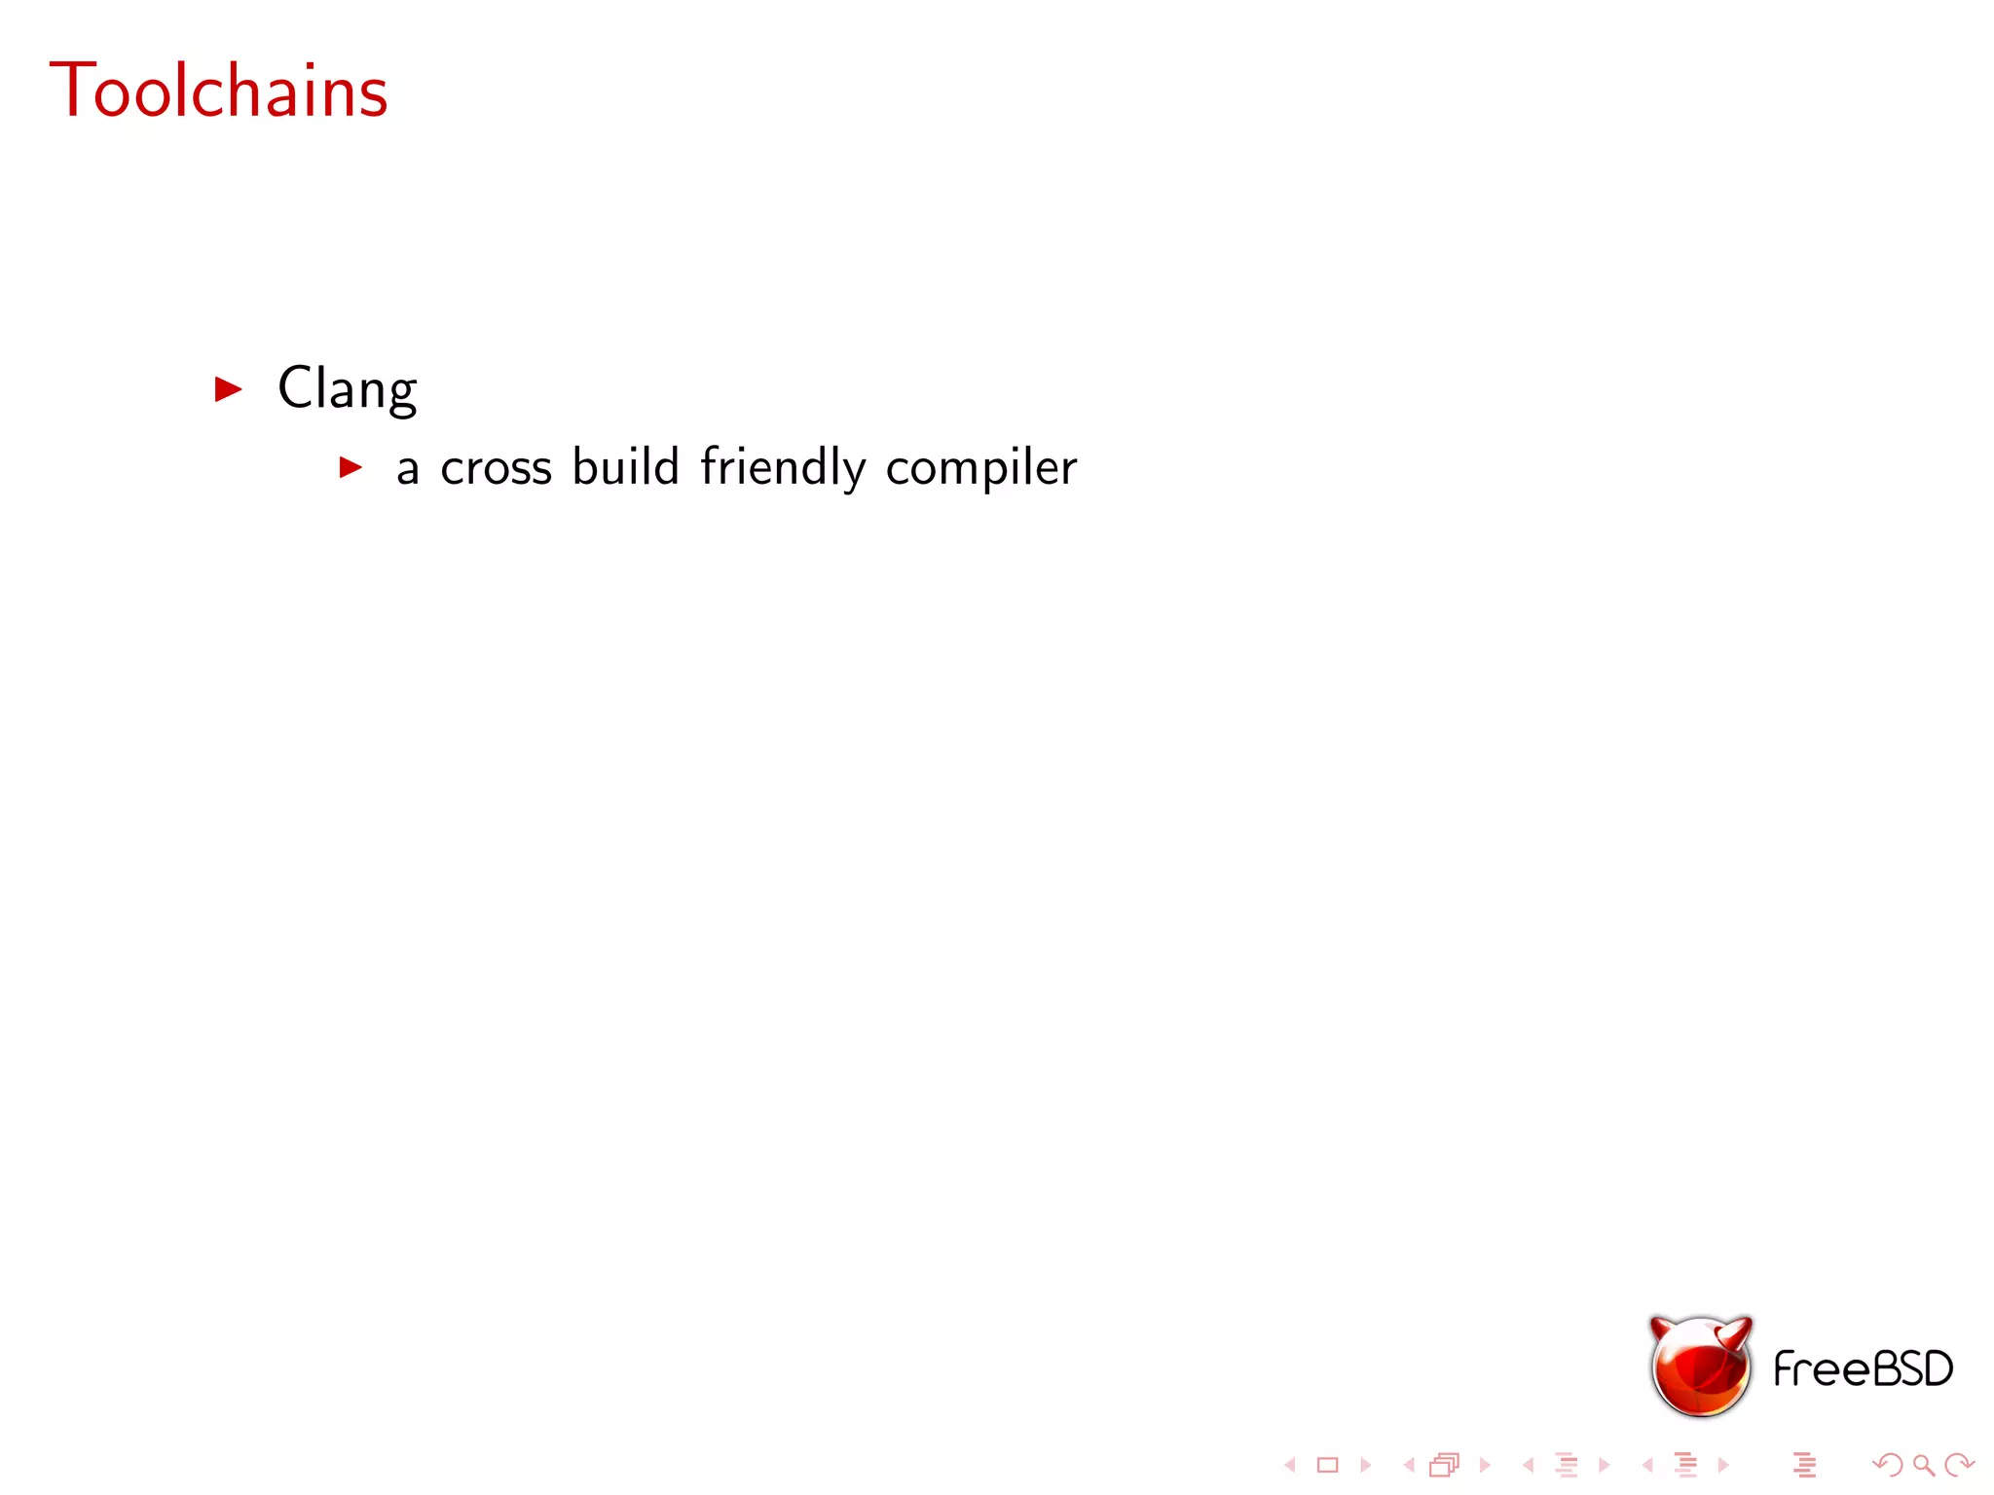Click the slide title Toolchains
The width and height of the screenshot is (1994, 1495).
[219, 91]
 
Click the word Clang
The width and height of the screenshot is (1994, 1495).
[347, 388]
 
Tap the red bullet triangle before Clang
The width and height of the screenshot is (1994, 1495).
[228, 389]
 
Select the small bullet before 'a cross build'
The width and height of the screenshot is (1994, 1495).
[351, 468]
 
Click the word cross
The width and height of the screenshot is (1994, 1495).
[496, 468]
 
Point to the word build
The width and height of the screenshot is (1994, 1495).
[625, 466]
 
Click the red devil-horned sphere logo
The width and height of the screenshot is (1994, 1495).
[1700, 1368]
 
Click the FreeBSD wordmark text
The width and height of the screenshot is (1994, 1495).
[1863, 1369]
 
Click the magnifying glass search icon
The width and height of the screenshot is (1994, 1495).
[1923, 1465]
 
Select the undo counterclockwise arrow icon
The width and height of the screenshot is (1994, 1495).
[1888, 1465]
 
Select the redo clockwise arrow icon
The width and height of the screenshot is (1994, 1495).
[1958, 1465]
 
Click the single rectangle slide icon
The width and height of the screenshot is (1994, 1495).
[1327, 1465]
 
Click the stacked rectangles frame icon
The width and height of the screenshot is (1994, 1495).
[1445, 1465]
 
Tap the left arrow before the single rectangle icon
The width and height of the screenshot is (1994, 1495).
[1291, 1465]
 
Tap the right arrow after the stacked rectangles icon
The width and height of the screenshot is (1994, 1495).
[1484, 1465]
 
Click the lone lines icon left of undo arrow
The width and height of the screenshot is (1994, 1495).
[1804, 1465]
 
